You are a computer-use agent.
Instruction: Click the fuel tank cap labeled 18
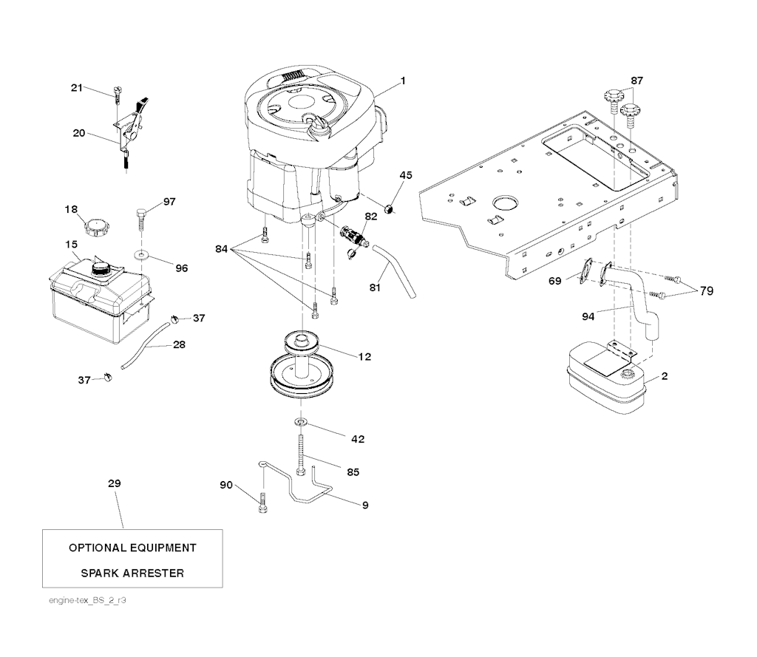(x=96, y=225)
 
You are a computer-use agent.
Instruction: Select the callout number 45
(x=406, y=175)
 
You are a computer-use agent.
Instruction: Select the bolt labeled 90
(x=263, y=505)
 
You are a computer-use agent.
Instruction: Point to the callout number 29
(x=114, y=483)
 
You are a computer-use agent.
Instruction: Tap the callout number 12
(x=364, y=357)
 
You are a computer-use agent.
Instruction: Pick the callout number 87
(x=637, y=80)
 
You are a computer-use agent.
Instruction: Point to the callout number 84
(x=221, y=249)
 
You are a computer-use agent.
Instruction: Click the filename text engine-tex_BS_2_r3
(x=88, y=600)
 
